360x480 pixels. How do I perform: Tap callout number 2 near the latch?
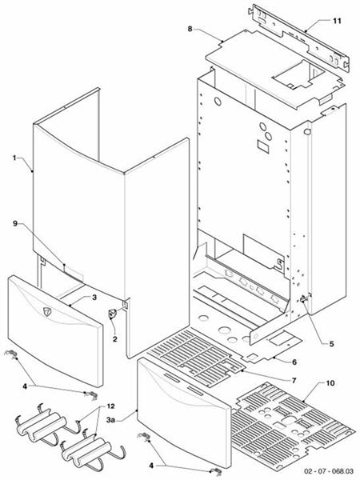point(115,340)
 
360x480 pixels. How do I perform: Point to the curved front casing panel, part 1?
point(64,192)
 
